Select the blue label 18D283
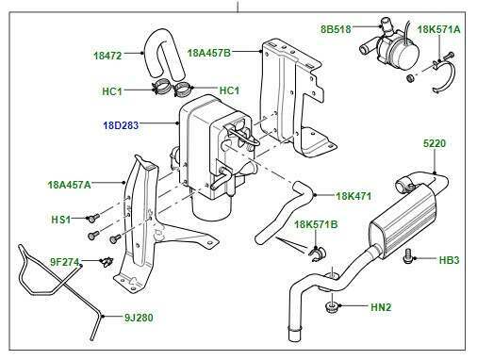click(121, 123)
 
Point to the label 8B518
click(336, 29)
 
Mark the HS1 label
click(60, 219)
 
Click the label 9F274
click(65, 262)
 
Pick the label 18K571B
click(318, 225)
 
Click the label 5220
click(436, 143)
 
